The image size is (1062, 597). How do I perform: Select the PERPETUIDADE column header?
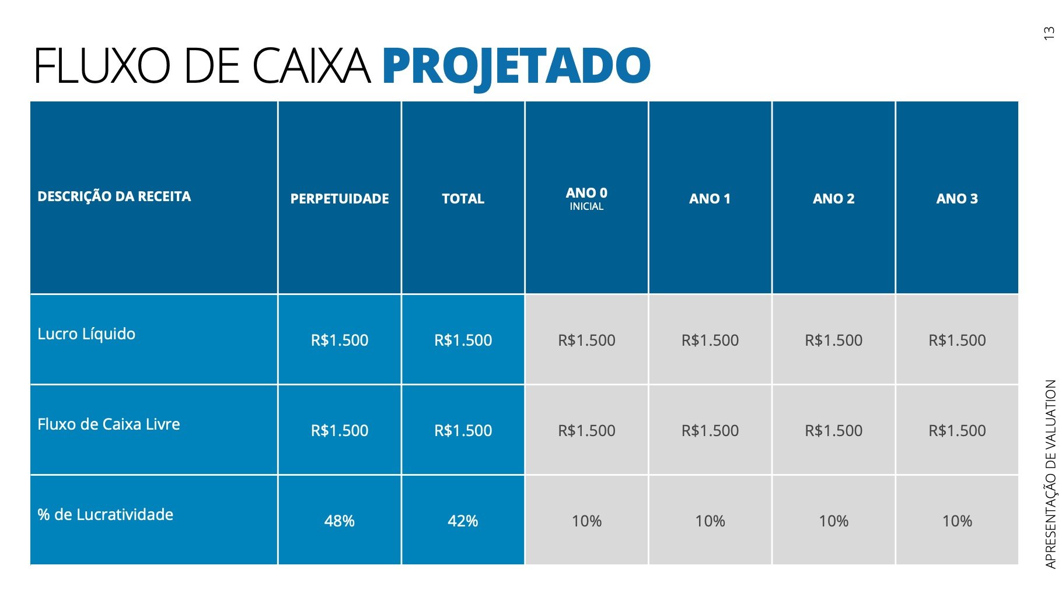pyautogui.click(x=340, y=199)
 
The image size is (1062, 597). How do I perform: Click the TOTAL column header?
pyautogui.click(x=463, y=199)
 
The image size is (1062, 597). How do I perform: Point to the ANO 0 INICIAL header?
pyautogui.click(x=586, y=198)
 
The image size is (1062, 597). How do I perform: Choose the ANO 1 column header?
pyautogui.click(x=710, y=199)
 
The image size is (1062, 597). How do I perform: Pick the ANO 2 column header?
pyautogui.click(x=833, y=199)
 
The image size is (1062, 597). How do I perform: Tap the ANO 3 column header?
pyautogui.click(x=957, y=199)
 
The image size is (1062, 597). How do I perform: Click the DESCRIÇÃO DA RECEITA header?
pyautogui.click(x=114, y=196)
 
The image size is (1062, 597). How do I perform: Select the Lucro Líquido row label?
pyautogui.click(x=86, y=334)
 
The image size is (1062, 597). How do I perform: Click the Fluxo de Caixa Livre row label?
pyautogui.click(x=109, y=424)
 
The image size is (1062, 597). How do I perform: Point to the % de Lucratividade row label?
pyautogui.click(x=106, y=515)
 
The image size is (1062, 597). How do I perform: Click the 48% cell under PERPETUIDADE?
pyautogui.click(x=340, y=521)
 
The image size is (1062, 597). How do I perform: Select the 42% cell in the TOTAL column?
pyautogui.click(x=463, y=521)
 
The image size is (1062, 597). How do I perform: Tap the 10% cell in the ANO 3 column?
pyautogui.click(x=957, y=521)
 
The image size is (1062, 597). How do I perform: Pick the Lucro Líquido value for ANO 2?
pyautogui.click(x=833, y=340)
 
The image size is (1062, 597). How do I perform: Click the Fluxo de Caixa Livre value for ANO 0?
pyautogui.click(x=586, y=430)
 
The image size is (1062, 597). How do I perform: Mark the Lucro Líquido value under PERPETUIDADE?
pyautogui.click(x=340, y=340)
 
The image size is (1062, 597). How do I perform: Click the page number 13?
pyautogui.click(x=1049, y=33)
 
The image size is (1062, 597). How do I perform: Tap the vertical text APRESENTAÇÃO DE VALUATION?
pyautogui.click(x=1050, y=473)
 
